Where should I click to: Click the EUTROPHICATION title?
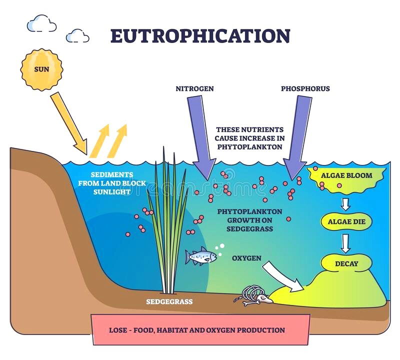click(200, 35)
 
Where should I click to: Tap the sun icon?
click(42, 69)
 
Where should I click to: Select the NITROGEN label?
click(194, 88)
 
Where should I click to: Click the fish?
click(201, 256)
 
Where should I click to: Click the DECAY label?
click(346, 262)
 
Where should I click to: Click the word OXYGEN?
click(246, 258)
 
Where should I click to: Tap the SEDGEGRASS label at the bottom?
click(169, 301)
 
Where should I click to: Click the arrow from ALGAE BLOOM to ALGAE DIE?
click(346, 203)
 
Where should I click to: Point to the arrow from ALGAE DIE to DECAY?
click(346, 242)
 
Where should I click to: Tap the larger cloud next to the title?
click(41, 23)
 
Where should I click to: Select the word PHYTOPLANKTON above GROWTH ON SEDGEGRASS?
click(249, 211)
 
